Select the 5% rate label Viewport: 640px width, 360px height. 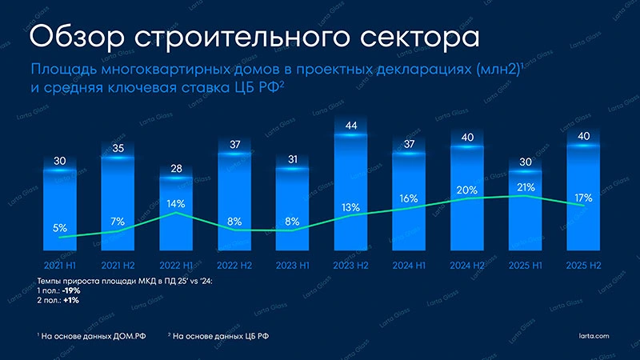[x=60, y=227]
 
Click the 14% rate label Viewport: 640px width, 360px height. [x=176, y=203]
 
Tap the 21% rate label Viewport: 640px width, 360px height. [x=526, y=186]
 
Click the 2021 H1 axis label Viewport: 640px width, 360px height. [x=60, y=263]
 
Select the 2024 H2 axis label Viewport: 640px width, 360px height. [x=467, y=263]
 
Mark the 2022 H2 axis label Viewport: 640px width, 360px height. [x=234, y=263]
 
